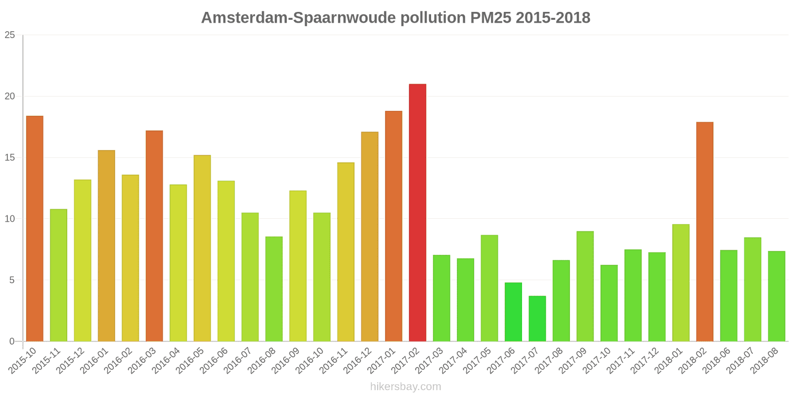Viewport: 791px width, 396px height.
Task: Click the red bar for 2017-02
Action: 417,213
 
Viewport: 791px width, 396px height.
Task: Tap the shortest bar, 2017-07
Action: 537,319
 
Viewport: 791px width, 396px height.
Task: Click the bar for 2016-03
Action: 154,236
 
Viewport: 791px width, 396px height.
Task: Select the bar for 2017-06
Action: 513,312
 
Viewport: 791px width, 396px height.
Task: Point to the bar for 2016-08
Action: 274,289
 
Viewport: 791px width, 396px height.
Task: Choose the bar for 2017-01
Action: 394,226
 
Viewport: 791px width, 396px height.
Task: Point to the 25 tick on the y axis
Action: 10,35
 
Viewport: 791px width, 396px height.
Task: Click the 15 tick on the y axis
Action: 10,158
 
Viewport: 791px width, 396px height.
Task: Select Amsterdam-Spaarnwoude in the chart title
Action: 298,18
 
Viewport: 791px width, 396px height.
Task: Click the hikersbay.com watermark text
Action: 405,387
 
